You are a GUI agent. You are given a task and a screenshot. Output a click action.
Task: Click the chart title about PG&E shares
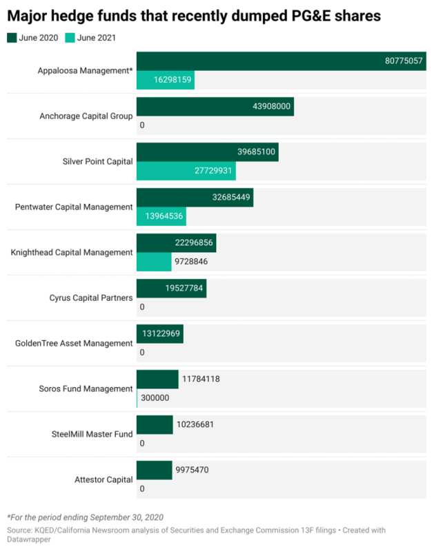tap(194, 16)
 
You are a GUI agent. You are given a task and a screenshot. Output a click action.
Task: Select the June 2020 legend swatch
tap(12, 38)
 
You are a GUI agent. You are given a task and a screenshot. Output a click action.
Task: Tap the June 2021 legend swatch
tap(70, 38)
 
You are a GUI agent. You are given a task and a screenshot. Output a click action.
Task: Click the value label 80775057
tap(404, 61)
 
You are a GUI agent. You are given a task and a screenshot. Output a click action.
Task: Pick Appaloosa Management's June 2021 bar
tap(166, 80)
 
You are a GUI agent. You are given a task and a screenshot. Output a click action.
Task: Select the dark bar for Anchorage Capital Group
tap(215, 107)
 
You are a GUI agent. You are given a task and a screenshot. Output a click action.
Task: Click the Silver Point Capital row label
tap(97, 162)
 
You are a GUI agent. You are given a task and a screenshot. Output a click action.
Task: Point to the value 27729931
tap(213, 171)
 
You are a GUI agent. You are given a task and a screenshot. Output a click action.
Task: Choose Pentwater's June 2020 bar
tap(195, 198)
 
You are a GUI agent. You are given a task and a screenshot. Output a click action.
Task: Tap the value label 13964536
tap(164, 216)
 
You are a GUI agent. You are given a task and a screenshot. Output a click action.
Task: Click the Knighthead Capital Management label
tap(72, 253)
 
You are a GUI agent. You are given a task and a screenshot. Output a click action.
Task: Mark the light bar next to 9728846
tap(154, 262)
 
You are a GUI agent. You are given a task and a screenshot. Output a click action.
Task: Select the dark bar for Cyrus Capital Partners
tap(171, 289)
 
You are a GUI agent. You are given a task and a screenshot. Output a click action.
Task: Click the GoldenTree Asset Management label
tap(74, 343)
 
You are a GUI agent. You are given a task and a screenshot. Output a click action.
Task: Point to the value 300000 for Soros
tap(155, 398)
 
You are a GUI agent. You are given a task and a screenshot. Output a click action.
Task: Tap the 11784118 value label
tap(201, 380)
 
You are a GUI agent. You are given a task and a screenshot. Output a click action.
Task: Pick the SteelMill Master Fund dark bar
tap(155, 425)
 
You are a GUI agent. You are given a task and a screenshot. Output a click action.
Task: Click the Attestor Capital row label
tap(103, 479)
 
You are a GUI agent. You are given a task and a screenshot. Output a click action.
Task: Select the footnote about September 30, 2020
tap(85, 518)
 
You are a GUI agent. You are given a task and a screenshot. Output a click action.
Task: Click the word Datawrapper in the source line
tap(29, 539)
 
